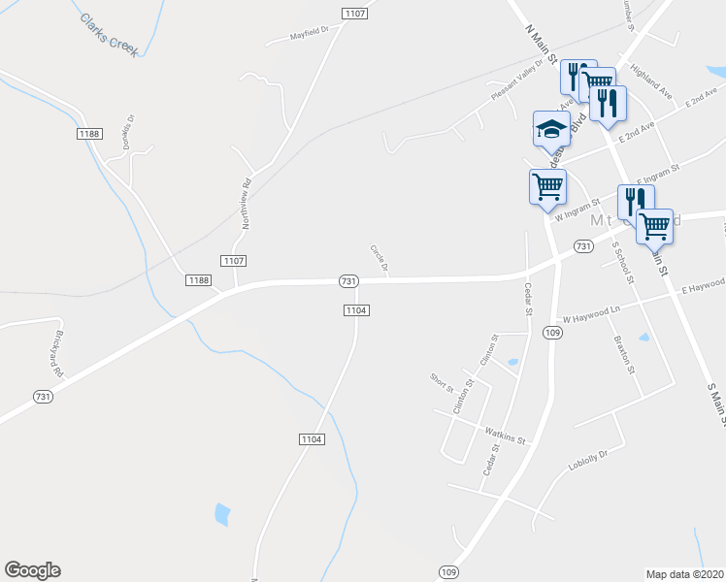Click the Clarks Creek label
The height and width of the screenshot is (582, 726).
tap(110, 35)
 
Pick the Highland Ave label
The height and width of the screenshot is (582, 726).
tap(650, 82)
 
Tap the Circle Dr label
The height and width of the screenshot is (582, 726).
tap(379, 258)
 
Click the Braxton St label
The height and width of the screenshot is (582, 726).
tap(623, 355)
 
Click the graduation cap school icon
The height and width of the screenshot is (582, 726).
tap(551, 129)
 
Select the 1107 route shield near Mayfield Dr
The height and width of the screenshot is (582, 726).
tap(354, 13)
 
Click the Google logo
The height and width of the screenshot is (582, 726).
tap(32, 570)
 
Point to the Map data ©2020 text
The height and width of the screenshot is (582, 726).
tap(684, 573)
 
